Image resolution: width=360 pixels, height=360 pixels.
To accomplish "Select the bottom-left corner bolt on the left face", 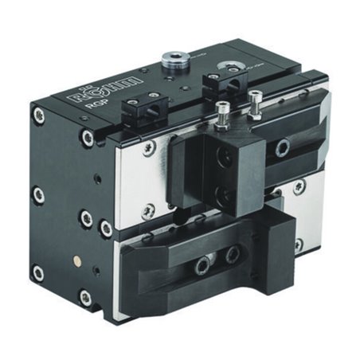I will tap(37, 273).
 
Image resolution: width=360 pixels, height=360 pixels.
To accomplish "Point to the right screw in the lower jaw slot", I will tap(234, 255).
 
